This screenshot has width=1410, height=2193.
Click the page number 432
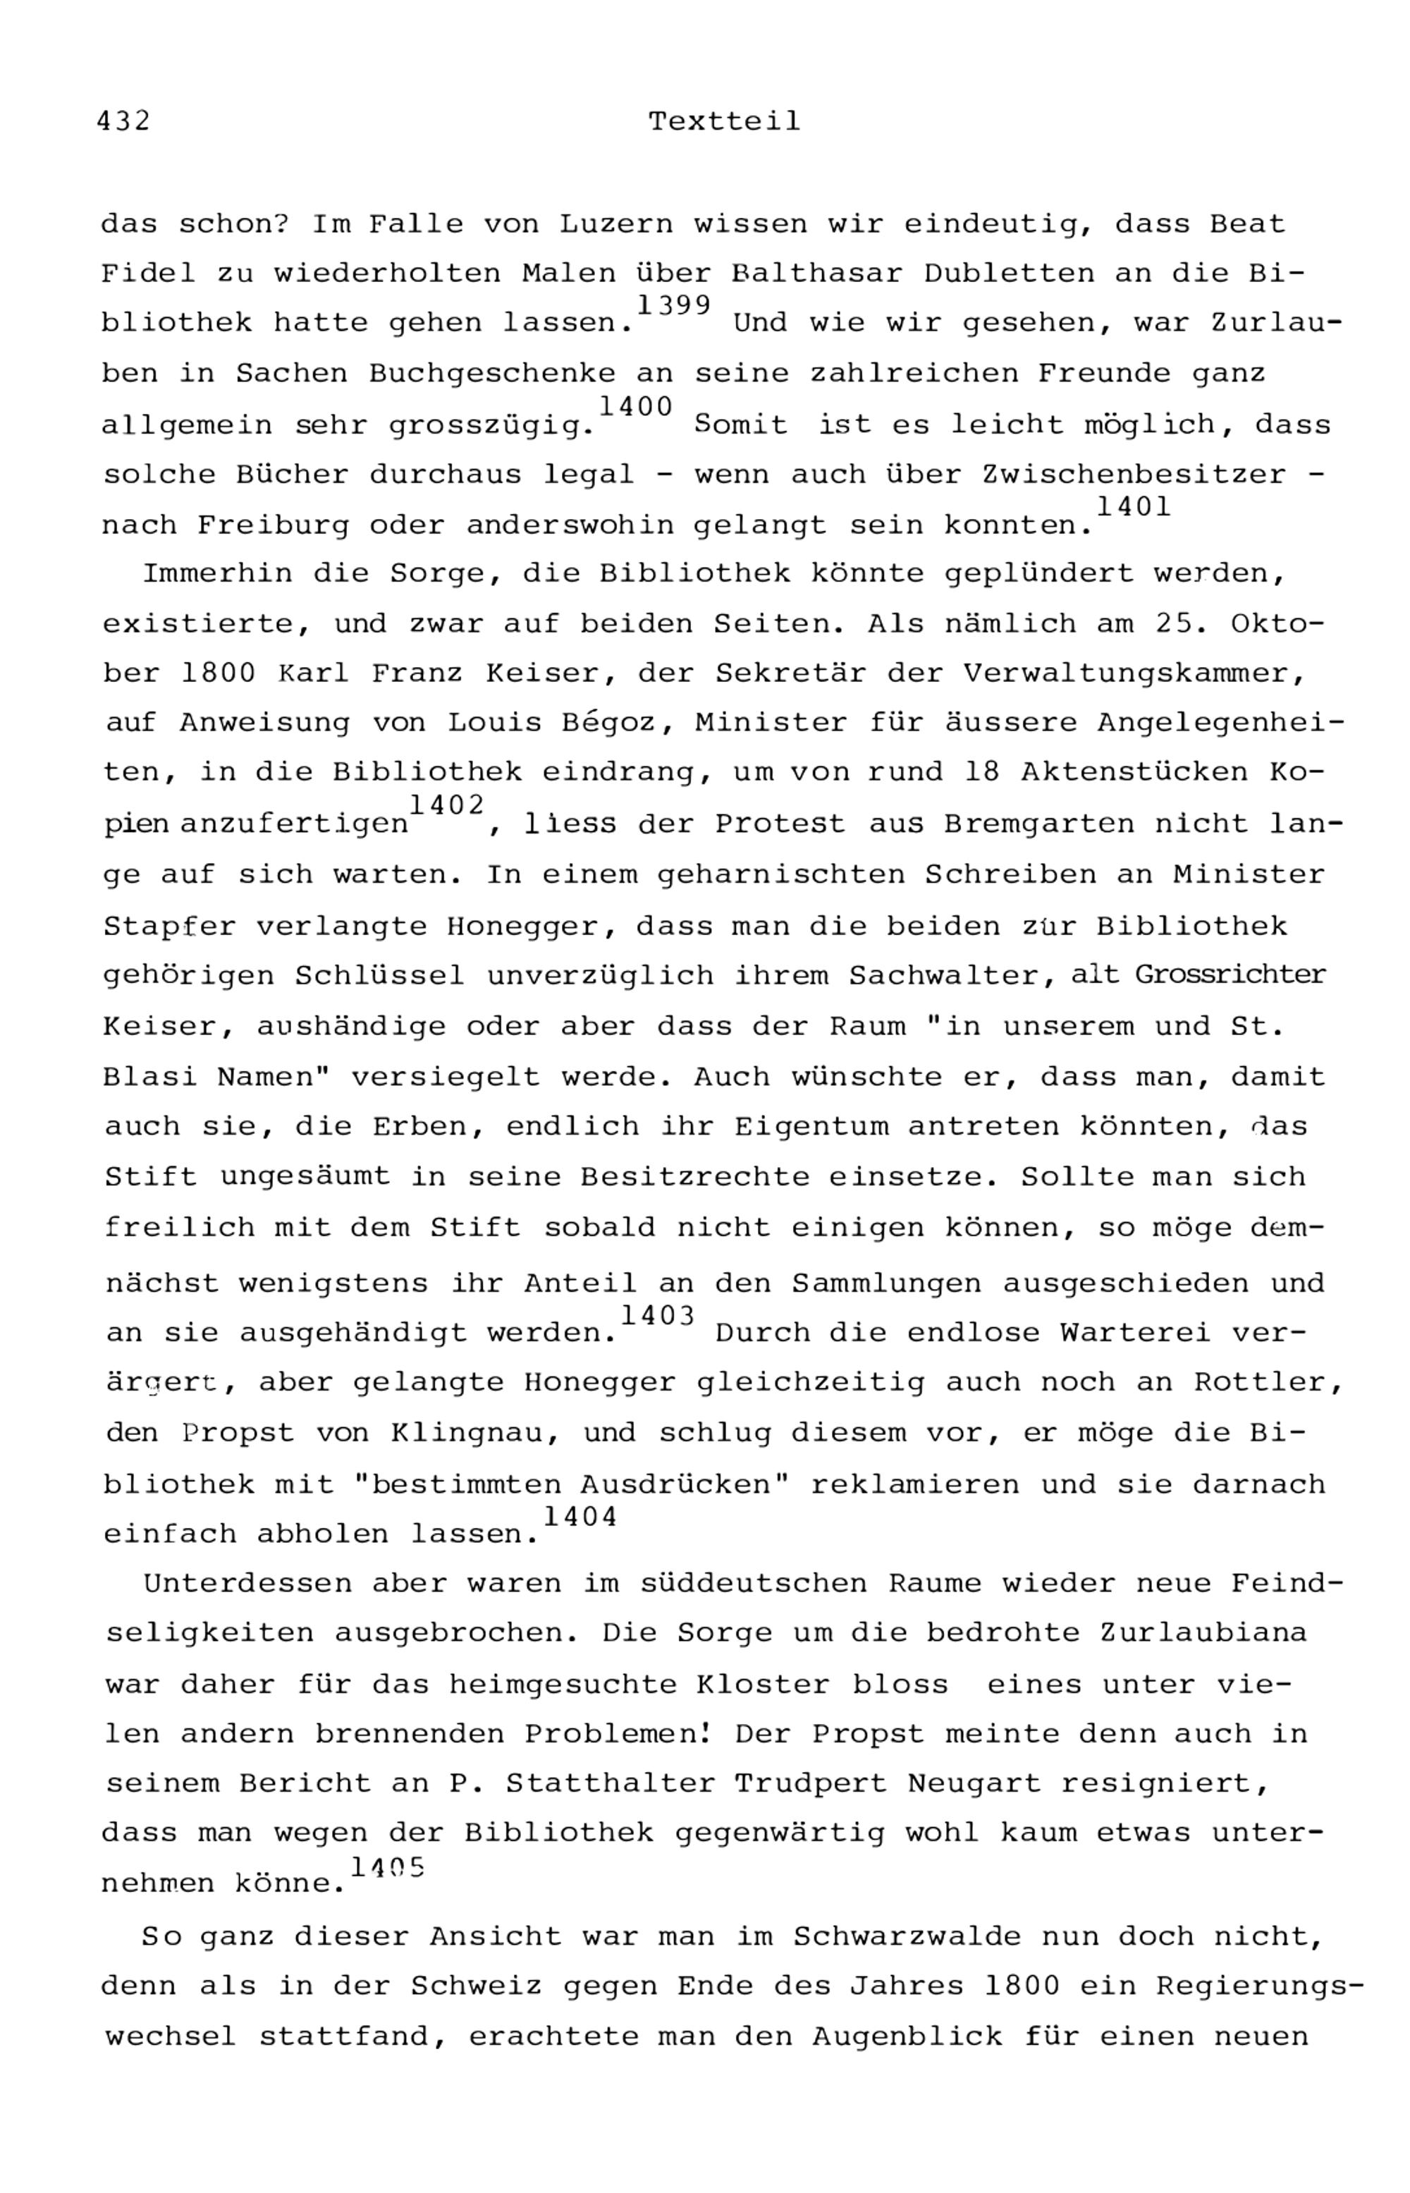(x=123, y=121)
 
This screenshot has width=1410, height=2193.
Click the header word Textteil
(x=724, y=121)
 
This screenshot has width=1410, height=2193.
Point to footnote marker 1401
(x=1134, y=506)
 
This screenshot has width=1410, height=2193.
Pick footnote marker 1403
(x=657, y=1317)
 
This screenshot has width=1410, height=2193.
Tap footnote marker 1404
(x=580, y=1518)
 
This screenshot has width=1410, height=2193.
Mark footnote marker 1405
(x=387, y=1867)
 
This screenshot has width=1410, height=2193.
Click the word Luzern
(x=615, y=224)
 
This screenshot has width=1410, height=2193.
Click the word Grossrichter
(x=1230, y=975)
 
